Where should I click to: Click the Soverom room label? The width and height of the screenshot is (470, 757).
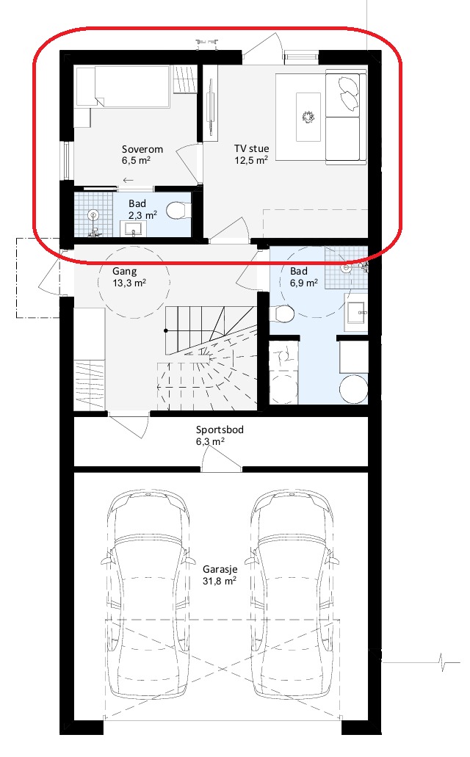click(x=142, y=149)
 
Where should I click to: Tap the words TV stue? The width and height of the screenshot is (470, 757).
click(x=252, y=149)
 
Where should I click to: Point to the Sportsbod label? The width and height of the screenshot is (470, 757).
click(x=220, y=430)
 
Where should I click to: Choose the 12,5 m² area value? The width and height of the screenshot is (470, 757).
click(x=251, y=160)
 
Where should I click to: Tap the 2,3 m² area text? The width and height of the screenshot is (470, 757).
click(x=142, y=215)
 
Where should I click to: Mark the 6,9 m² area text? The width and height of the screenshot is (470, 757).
click(x=303, y=282)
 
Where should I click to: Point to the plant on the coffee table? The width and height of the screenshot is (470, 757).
click(x=308, y=116)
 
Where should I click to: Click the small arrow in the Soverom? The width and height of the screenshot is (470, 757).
click(x=129, y=180)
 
